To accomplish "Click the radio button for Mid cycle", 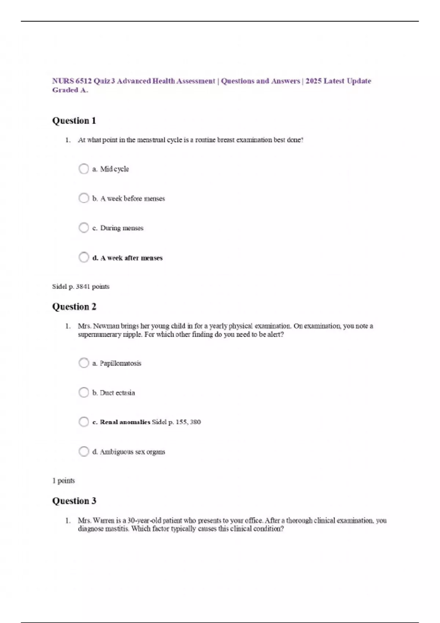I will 84,169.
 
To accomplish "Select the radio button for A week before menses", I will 84,198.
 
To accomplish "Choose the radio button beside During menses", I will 84,228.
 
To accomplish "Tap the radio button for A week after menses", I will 84,257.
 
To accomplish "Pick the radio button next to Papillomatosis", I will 84,363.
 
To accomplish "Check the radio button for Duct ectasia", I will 84,392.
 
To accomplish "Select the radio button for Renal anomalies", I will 84,422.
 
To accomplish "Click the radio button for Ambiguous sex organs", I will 84,451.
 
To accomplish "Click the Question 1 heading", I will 74,121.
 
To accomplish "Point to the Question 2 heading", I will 74,307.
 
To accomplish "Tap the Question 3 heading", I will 74,501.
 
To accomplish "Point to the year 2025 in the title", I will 313,81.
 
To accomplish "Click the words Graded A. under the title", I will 70,90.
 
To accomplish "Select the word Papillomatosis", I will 120,363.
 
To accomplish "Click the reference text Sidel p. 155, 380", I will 176,422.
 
